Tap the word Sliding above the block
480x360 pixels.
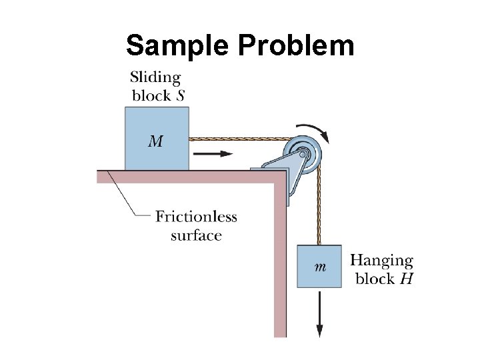tap(155, 77)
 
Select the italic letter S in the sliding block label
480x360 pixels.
tap(180, 95)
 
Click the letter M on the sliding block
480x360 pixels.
tap(155, 141)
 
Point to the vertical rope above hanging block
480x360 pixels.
tap(320, 207)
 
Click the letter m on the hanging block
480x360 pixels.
tap(320, 267)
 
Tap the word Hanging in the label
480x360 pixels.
tap(381, 261)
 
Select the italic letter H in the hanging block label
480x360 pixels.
tap(405, 279)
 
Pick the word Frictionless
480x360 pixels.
tap(196, 217)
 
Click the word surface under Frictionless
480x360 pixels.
tap(196, 235)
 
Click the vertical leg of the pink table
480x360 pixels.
tap(280, 267)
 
